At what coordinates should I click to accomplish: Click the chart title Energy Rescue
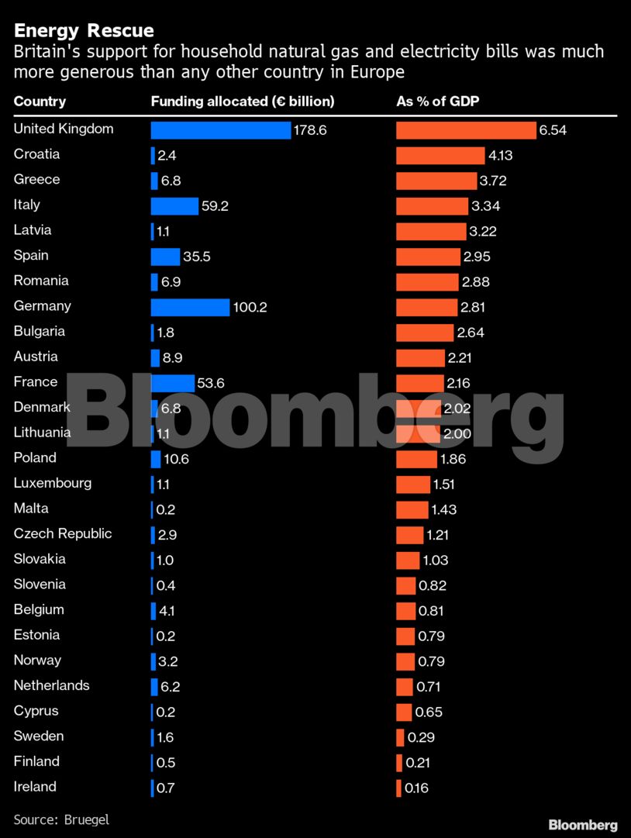tap(84, 31)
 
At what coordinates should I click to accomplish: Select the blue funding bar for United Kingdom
tap(220, 130)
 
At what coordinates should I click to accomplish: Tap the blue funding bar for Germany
tap(190, 307)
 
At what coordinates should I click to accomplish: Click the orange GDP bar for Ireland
tap(398, 788)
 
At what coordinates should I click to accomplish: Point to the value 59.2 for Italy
tap(214, 206)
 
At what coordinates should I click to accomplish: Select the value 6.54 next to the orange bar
tap(553, 130)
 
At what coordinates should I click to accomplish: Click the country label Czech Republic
tap(63, 534)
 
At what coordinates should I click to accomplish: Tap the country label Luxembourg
tap(53, 483)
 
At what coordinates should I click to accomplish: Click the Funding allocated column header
tap(242, 102)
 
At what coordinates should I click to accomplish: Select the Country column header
tap(40, 102)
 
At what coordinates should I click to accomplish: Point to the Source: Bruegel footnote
tap(61, 819)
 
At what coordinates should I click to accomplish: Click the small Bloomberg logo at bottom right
tap(583, 825)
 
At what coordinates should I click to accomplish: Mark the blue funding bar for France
tap(172, 383)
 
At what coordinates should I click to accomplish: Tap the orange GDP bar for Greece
tap(436, 181)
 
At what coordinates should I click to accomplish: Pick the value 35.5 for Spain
tap(197, 257)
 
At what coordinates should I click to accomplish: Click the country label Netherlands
tap(51, 685)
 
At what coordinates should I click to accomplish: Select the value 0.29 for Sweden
tap(421, 737)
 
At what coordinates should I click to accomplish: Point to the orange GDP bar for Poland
tap(416, 459)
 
